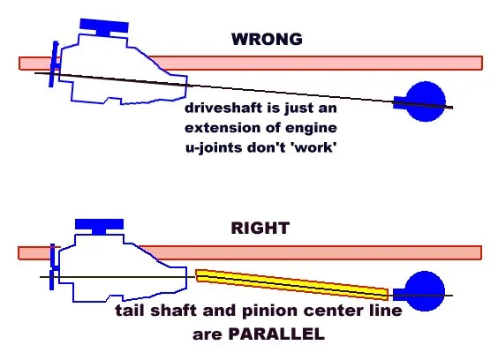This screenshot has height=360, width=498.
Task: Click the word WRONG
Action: click(x=267, y=39)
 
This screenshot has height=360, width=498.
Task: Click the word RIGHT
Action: click(x=260, y=228)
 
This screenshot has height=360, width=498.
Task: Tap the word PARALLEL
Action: click(x=276, y=334)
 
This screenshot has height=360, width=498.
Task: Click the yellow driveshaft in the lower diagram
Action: click(x=291, y=284)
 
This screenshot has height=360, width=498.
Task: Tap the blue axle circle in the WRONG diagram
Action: click(x=426, y=101)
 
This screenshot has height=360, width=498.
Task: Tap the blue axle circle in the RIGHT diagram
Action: click(x=425, y=291)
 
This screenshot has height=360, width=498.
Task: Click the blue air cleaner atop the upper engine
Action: click(x=104, y=27)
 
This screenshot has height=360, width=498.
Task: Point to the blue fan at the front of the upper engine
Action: click(x=55, y=64)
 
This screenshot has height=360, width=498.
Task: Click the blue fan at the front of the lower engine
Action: click(x=53, y=266)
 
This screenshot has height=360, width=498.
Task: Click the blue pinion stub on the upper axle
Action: click(x=400, y=102)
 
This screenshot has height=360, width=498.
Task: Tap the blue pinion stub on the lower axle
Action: click(x=399, y=295)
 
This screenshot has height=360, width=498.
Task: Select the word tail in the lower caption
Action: click(x=130, y=311)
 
